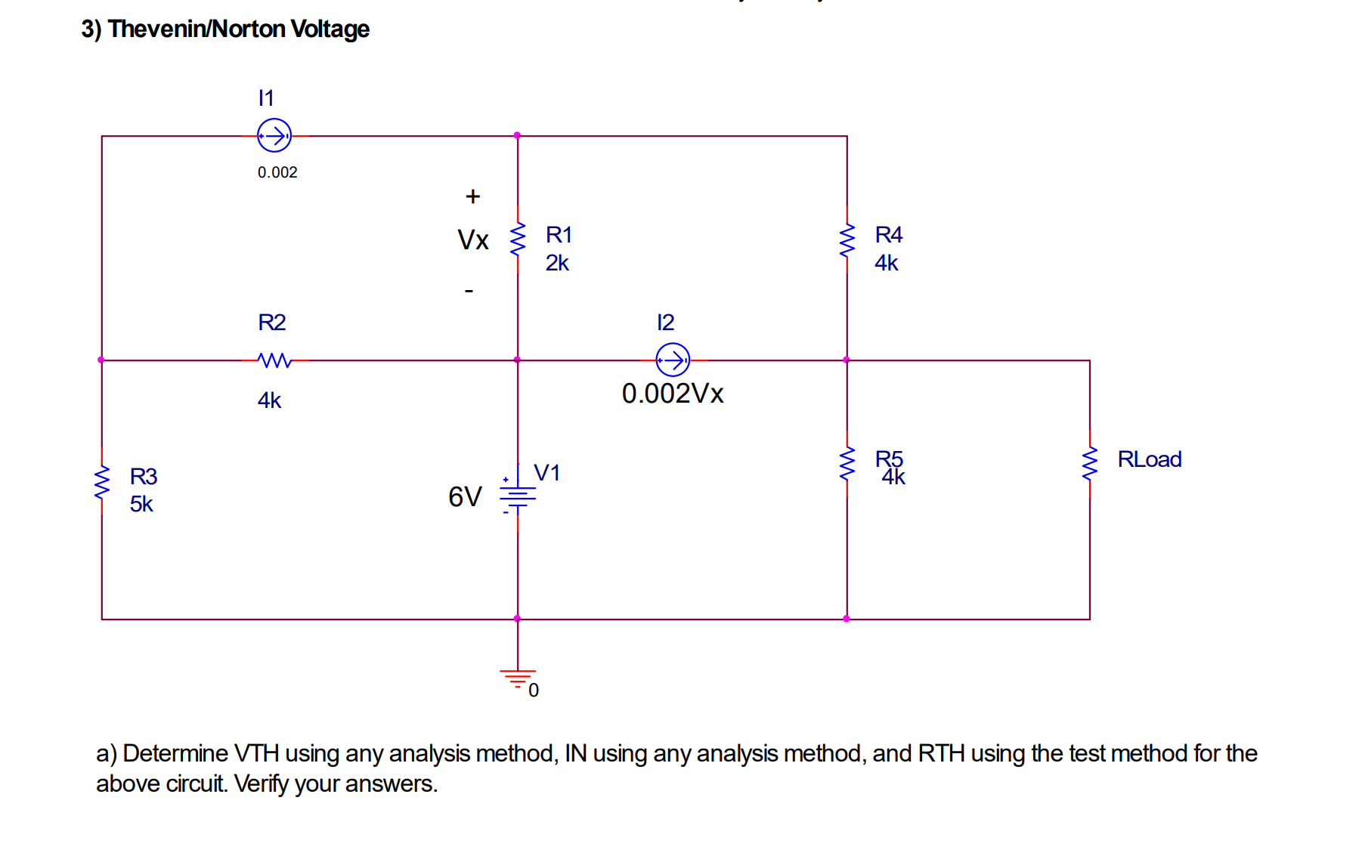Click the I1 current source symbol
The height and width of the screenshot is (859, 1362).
click(274, 136)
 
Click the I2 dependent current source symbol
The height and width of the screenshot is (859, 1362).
click(673, 360)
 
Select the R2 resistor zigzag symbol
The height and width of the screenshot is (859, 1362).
click(274, 360)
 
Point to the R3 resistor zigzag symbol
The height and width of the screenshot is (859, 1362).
click(102, 483)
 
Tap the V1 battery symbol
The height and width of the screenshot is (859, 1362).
click(518, 496)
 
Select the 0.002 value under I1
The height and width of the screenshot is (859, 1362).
click(277, 172)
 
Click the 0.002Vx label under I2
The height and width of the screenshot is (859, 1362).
click(672, 394)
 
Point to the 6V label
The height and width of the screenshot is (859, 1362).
click(464, 496)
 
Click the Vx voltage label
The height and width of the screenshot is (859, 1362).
click(473, 240)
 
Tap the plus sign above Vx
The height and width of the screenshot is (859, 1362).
click(472, 196)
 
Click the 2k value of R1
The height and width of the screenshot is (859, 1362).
click(557, 263)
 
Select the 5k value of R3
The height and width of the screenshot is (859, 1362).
click(141, 504)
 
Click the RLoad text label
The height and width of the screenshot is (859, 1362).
click(1149, 459)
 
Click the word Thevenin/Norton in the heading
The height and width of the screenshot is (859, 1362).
click(197, 29)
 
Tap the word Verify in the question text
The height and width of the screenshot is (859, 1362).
click(262, 783)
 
